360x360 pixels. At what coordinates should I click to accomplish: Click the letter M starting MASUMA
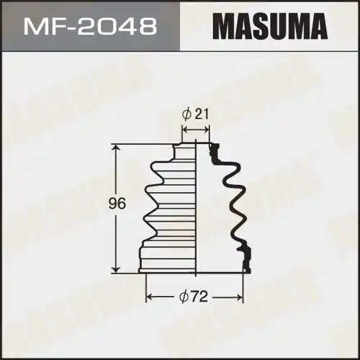coord(224,27)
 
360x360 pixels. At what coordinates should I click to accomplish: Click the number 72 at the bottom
coord(202,297)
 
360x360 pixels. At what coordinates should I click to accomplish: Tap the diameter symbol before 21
coord(187,114)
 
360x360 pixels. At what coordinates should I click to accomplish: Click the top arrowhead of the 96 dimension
coord(115,146)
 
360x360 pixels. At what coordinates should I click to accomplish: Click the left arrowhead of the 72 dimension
coord(150,297)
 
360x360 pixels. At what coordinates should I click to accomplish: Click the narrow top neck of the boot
coord(185,149)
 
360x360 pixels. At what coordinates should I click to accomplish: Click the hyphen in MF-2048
coord(69,27)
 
